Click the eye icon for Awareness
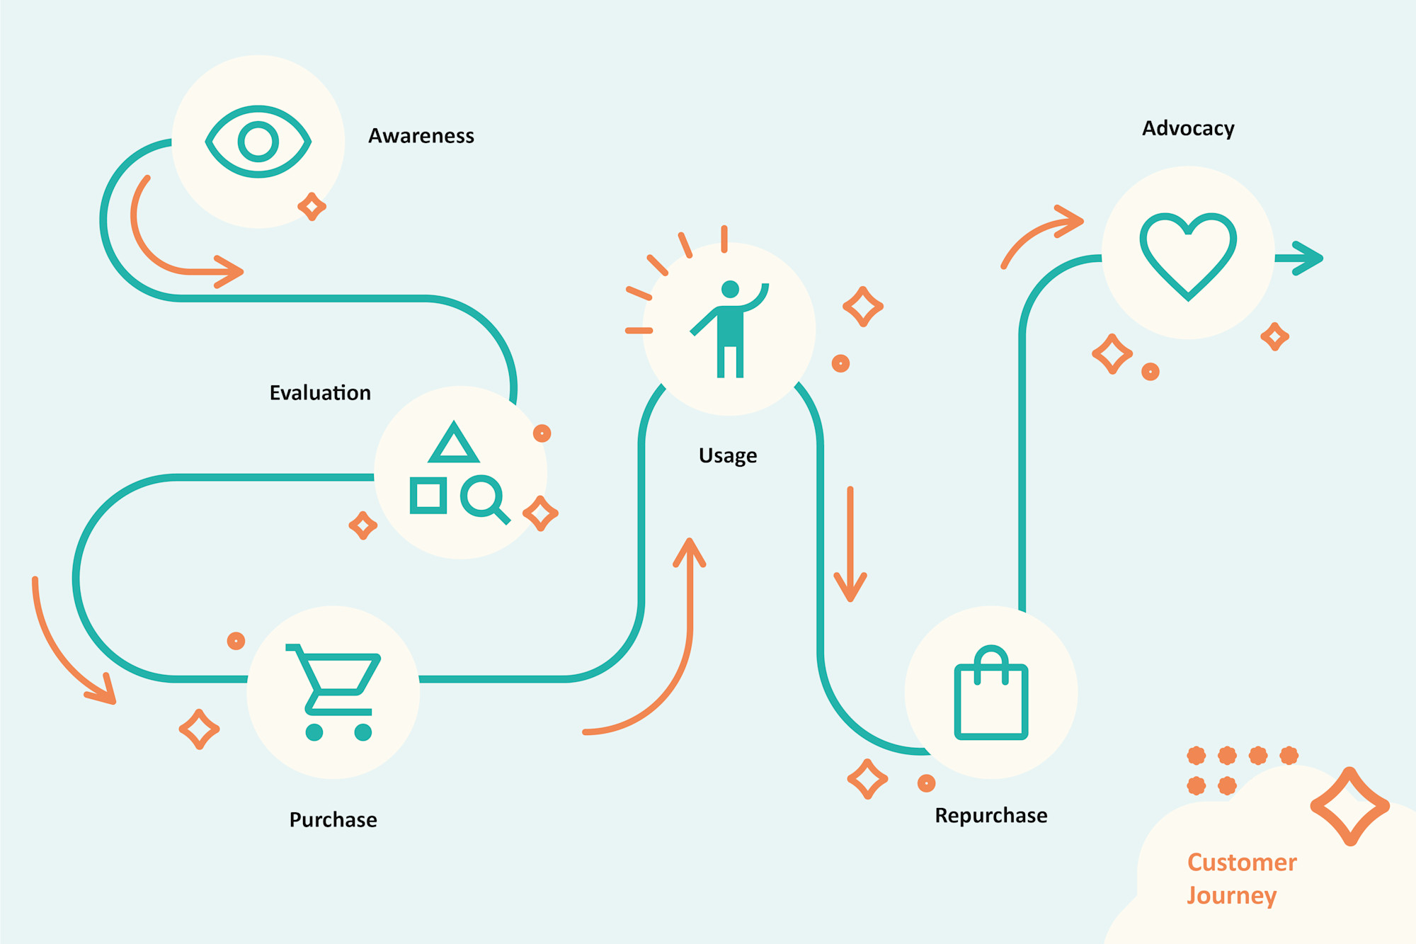tap(258, 142)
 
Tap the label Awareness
tap(421, 135)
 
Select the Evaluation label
tap(320, 393)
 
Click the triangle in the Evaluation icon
tap(454, 444)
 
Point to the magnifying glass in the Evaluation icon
tap(484, 498)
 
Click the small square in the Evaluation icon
tap(428, 495)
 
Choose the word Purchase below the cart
tap(333, 820)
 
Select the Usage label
tap(728, 455)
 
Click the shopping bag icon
tap(991, 693)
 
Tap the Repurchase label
tap(991, 816)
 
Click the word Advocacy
tap(1188, 128)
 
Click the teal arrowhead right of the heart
tap(1306, 258)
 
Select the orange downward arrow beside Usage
tap(850, 545)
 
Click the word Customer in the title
tap(1242, 863)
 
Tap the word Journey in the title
tap(1232, 896)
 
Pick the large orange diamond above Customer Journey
tap(1350, 806)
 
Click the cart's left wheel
tap(314, 732)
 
